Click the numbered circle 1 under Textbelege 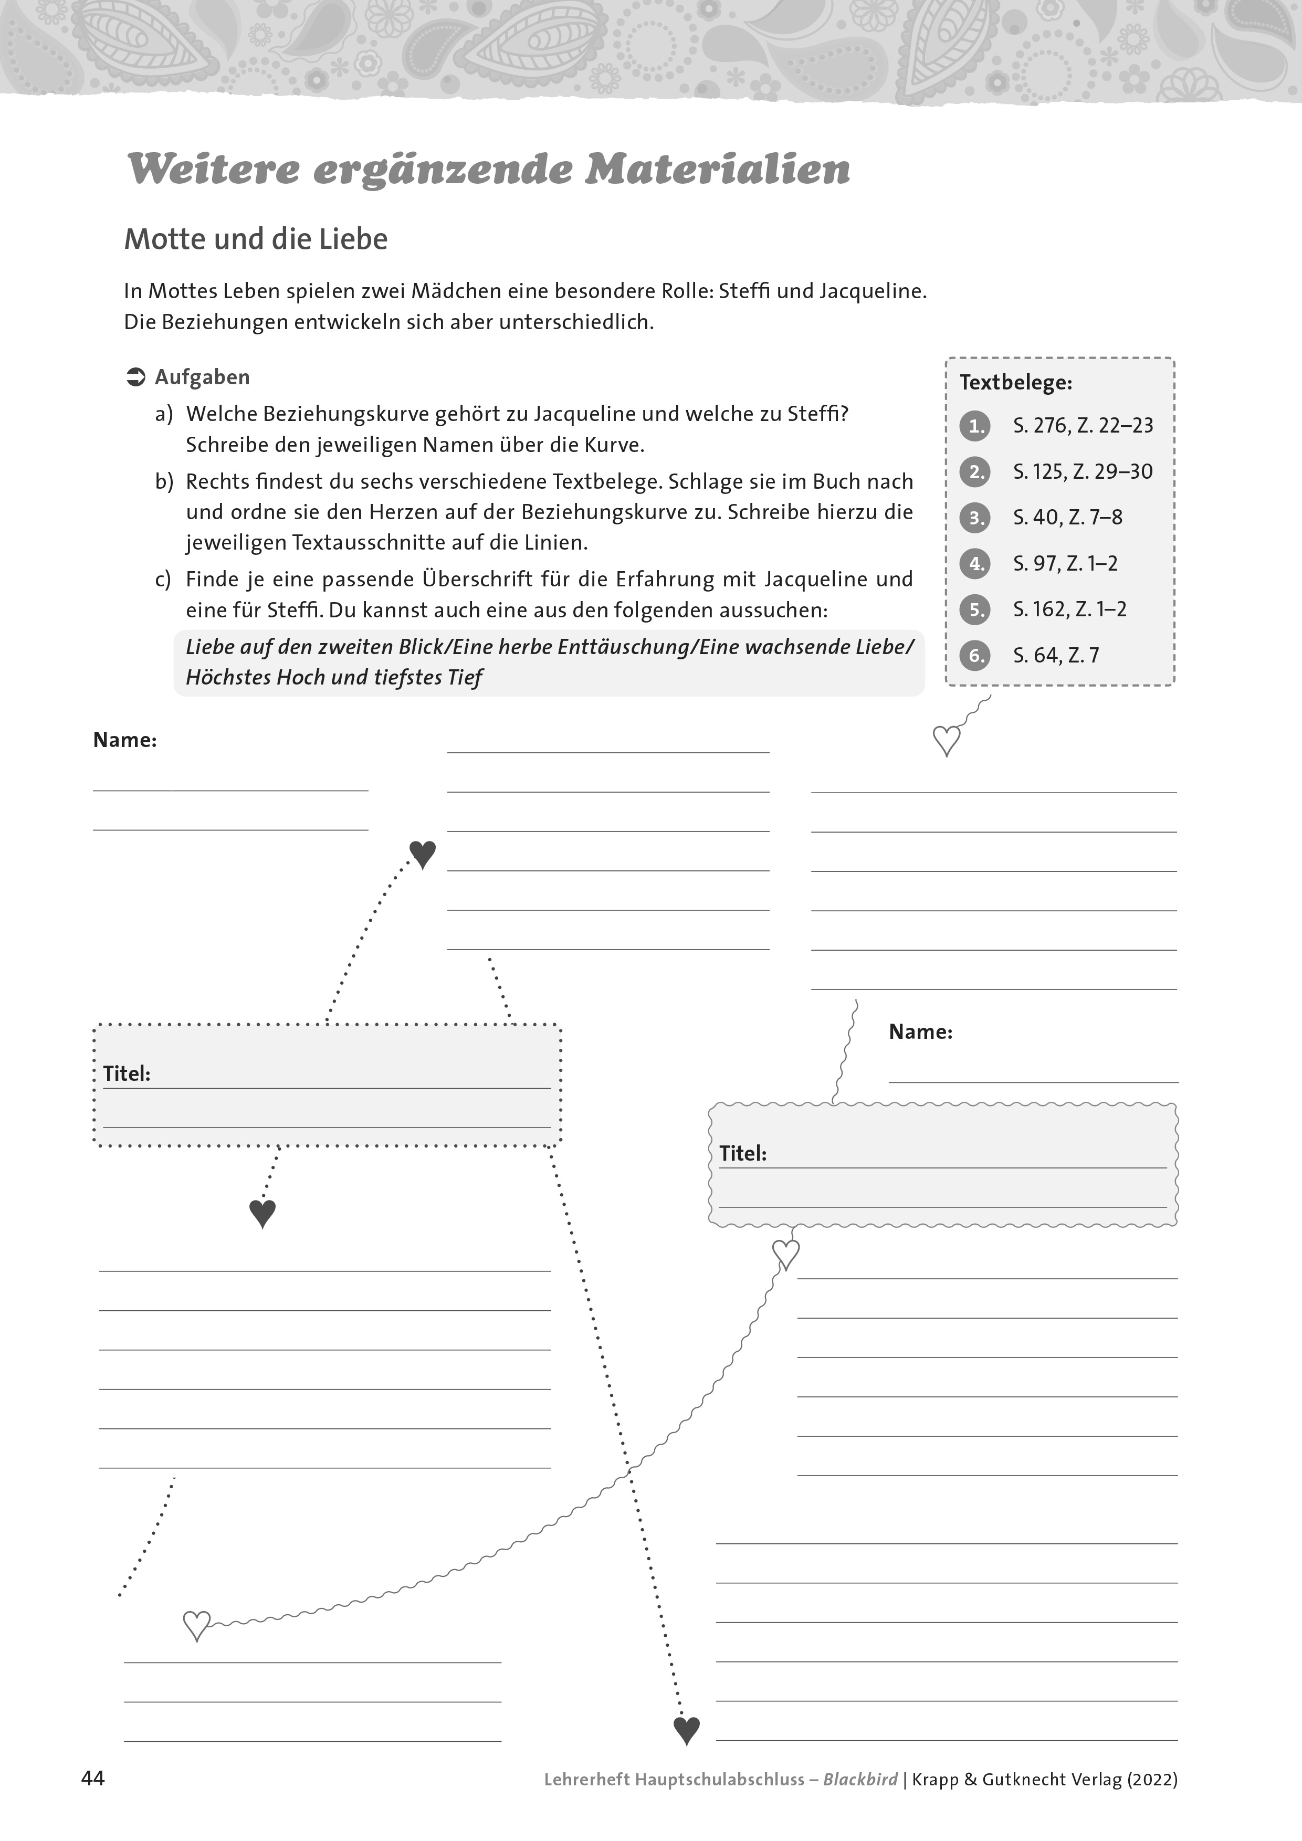tap(975, 426)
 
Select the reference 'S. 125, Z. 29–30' tap(1083, 471)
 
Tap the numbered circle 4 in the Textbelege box tap(975, 564)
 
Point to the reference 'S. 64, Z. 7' tap(1055, 656)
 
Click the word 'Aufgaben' tap(202, 377)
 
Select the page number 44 tap(93, 1779)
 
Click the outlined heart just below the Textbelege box tap(947, 740)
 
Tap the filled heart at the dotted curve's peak tap(423, 854)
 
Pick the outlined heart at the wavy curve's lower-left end tap(196, 1625)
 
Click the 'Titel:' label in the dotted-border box tap(127, 1074)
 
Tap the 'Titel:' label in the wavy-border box tap(742, 1154)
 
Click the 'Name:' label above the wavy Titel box tap(920, 1032)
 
